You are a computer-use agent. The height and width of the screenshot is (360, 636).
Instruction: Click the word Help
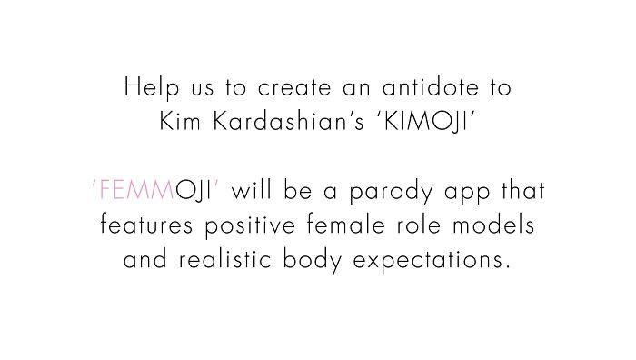[x=146, y=89]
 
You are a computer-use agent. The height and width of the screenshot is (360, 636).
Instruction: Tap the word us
[x=190, y=91]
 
